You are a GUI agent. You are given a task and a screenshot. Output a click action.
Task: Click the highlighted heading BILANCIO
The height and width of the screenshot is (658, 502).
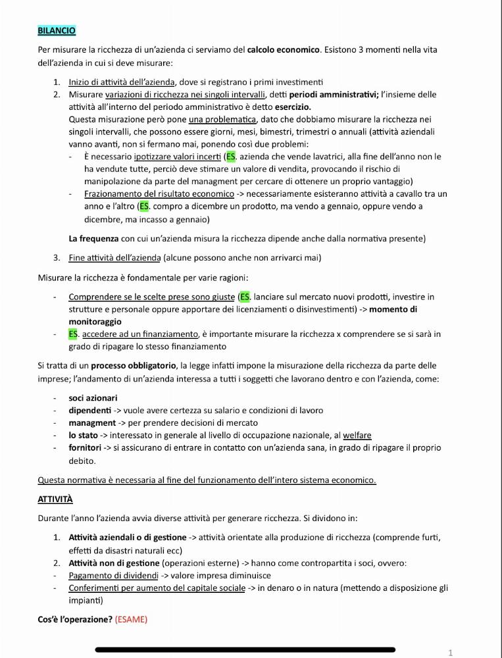point(57,31)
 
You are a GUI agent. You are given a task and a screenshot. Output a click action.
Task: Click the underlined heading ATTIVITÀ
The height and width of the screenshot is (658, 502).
point(55,499)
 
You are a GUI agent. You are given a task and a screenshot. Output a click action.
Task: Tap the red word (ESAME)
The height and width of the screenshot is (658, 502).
point(132,619)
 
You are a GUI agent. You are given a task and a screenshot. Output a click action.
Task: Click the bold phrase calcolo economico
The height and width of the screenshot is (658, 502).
point(284,50)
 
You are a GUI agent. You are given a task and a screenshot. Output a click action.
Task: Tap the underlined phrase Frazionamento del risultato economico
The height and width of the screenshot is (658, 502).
point(159,194)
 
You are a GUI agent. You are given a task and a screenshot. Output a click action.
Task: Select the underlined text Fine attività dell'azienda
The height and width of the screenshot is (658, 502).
point(114,257)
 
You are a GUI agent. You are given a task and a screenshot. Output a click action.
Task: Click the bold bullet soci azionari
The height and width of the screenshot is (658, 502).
point(93,398)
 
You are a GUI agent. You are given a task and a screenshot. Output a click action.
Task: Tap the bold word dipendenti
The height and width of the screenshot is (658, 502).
point(90,411)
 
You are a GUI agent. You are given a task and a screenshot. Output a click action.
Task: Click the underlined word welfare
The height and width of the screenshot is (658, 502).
point(357,436)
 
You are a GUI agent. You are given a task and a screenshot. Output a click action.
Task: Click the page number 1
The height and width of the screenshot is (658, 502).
point(451,653)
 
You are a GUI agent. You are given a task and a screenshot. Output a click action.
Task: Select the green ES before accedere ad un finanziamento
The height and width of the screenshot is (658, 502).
point(73,334)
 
